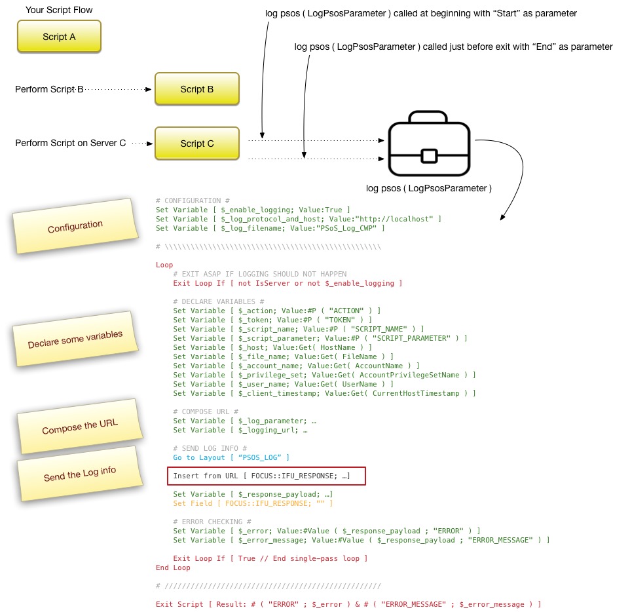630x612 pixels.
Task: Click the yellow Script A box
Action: (59, 37)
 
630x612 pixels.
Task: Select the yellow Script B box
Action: (196, 89)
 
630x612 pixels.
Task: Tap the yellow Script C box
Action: (196, 143)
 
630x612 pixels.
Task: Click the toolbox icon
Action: (429, 145)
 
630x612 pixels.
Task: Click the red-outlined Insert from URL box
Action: (266, 476)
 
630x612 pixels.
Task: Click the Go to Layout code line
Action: (231, 457)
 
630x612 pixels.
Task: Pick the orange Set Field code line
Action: (253, 503)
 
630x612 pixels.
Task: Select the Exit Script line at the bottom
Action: (348, 604)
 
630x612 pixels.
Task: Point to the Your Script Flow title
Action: (59, 10)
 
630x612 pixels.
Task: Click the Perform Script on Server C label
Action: (70, 143)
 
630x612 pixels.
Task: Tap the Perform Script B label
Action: (49, 89)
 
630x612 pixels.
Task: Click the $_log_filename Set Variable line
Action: (270, 228)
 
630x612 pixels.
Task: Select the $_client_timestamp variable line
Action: (324, 393)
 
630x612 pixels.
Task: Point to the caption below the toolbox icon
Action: (429, 189)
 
